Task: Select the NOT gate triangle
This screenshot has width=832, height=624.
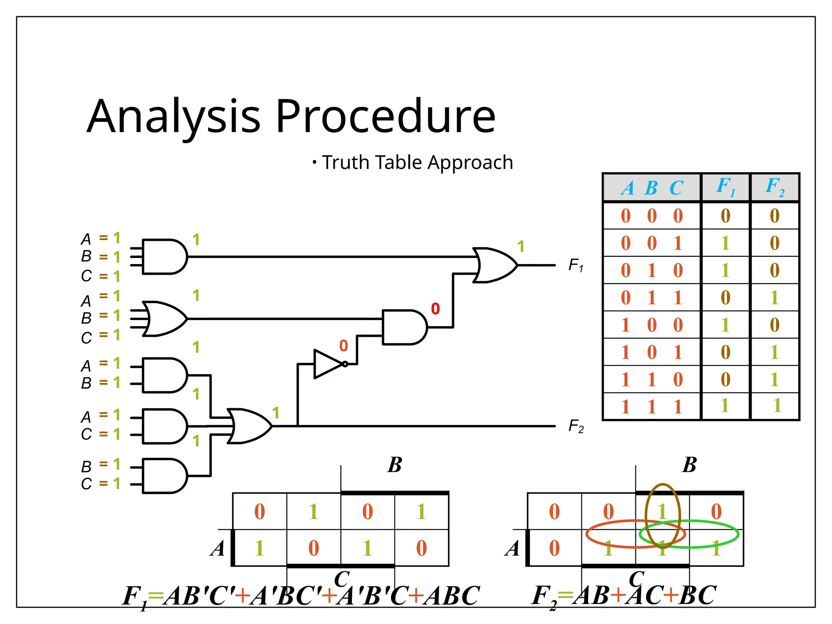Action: coord(327,364)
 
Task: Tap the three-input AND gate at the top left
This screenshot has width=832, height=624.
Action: coord(165,257)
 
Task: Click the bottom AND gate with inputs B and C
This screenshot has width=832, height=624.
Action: coord(165,476)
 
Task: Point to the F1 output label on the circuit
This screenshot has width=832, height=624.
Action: coord(576,265)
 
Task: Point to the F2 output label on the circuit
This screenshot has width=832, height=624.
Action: coord(576,427)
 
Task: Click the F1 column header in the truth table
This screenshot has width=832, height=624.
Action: coord(725,187)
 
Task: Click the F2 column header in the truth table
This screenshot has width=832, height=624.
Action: coord(774,187)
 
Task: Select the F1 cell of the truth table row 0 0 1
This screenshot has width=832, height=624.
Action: coord(725,243)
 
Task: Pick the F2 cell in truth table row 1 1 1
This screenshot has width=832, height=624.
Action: coord(776,406)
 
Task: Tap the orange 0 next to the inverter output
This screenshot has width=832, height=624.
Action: coord(343,346)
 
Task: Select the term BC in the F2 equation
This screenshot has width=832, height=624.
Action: coord(698,596)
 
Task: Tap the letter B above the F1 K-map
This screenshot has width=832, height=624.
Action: coord(394,465)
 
